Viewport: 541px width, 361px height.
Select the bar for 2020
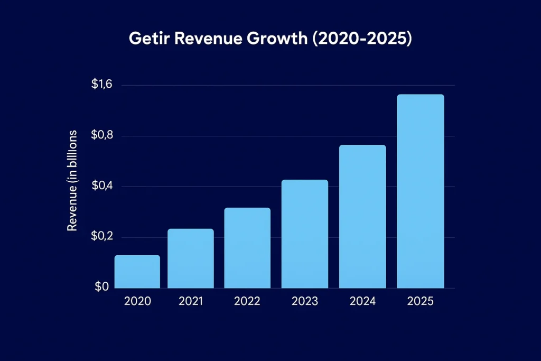[x=137, y=272]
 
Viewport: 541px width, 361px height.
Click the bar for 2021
[x=190, y=258]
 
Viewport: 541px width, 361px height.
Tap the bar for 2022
[x=247, y=248]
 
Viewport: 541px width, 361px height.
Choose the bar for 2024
[x=362, y=216]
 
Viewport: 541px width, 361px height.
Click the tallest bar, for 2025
[x=420, y=191]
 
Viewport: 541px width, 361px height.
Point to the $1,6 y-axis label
[x=101, y=85]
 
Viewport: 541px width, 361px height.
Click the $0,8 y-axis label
[x=101, y=136]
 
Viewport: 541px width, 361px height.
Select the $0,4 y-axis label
[x=101, y=187]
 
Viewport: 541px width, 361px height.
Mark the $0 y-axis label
[x=102, y=287]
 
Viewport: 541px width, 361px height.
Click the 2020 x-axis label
[x=137, y=301]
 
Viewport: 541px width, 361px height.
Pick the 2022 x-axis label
[x=247, y=301]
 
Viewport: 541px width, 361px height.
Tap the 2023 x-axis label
[x=305, y=301]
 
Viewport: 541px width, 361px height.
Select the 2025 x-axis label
[x=420, y=301]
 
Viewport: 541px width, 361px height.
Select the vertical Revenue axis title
[x=73, y=180]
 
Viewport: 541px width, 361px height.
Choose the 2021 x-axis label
[x=191, y=301]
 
